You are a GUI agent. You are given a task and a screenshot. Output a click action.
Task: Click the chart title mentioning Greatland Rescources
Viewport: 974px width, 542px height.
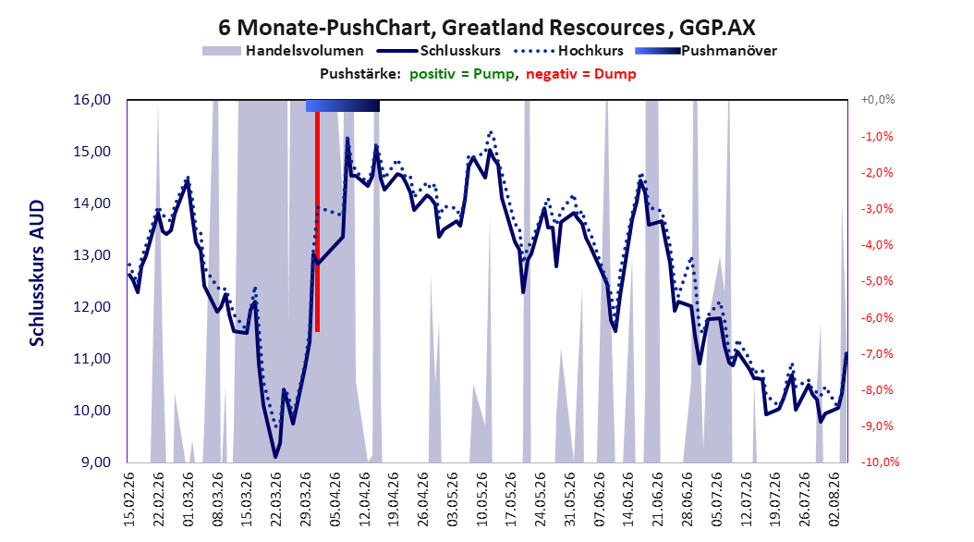click(x=487, y=28)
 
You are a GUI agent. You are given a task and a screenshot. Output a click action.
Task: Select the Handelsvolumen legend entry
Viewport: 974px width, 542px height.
click(x=284, y=51)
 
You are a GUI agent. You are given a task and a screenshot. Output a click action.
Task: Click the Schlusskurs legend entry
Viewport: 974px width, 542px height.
click(x=439, y=51)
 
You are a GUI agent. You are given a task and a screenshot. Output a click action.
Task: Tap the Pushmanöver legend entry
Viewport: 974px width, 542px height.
click(x=706, y=51)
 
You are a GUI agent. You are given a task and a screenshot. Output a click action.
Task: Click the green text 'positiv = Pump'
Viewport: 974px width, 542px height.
click(x=462, y=74)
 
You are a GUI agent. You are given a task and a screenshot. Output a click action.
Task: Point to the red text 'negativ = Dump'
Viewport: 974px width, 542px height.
click(x=581, y=74)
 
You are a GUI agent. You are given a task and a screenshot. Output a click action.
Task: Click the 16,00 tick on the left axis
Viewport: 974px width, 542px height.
click(x=91, y=100)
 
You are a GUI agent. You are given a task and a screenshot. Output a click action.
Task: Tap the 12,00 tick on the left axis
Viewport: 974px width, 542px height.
click(x=91, y=307)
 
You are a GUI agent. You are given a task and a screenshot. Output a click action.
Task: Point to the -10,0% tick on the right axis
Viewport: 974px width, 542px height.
click(x=880, y=462)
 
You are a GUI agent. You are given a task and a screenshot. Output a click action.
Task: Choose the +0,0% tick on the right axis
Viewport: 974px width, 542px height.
click(x=878, y=100)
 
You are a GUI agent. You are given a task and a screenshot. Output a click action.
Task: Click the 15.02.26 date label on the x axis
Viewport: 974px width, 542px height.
click(x=129, y=499)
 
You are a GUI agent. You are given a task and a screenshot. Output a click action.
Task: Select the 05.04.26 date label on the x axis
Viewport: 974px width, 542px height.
click(x=335, y=499)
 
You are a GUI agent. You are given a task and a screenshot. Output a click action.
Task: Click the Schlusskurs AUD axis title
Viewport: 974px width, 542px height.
click(x=37, y=273)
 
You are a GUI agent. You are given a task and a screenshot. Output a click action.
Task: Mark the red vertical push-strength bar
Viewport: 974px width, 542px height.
click(x=317, y=221)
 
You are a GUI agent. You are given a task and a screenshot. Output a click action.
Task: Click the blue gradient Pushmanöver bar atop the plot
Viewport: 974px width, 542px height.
click(x=342, y=105)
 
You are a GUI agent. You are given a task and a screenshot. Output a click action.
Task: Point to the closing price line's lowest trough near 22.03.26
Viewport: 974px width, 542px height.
click(x=275, y=457)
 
